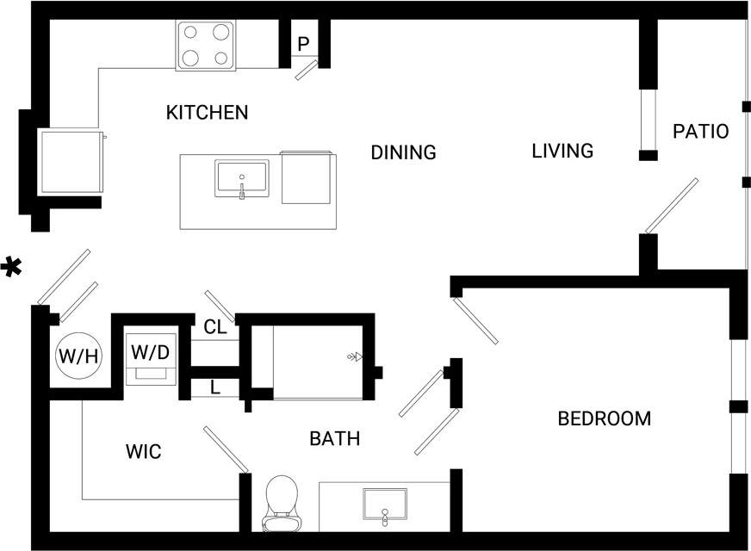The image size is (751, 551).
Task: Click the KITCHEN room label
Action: click(207, 112)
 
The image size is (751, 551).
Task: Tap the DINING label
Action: click(403, 152)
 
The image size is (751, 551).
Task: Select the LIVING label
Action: click(562, 151)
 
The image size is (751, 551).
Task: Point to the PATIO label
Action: click(700, 132)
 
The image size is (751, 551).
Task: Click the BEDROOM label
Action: click(604, 419)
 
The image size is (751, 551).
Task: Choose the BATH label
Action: click(334, 439)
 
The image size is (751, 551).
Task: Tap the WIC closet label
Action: click(143, 452)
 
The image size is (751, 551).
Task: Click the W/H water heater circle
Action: click(78, 354)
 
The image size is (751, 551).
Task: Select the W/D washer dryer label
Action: click(151, 352)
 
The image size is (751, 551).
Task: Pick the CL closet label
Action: click(214, 327)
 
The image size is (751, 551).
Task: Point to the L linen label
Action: click(214, 387)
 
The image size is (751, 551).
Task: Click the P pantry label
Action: click(303, 44)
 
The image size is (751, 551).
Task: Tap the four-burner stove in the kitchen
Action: click(207, 46)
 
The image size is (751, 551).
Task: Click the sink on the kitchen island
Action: click(242, 179)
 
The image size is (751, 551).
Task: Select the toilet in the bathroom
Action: click(282, 504)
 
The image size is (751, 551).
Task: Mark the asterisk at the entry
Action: click(11, 267)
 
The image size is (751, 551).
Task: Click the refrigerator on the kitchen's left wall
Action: click(71, 162)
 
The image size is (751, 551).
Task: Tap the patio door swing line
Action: click(672, 205)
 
